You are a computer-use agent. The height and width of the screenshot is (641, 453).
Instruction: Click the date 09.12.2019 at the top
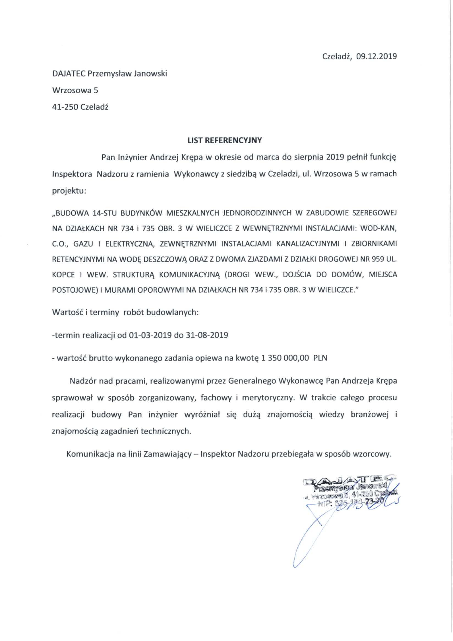(x=376, y=56)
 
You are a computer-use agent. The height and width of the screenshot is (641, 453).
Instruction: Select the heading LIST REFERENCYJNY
(x=225, y=140)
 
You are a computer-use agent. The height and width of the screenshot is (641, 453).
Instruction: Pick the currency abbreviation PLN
(x=320, y=358)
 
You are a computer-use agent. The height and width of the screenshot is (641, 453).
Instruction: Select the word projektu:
(x=69, y=191)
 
